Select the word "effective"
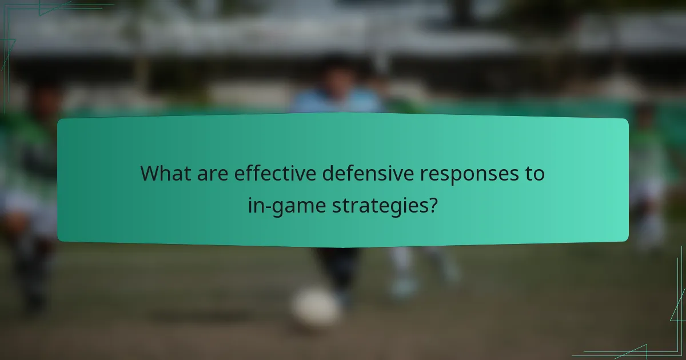274,173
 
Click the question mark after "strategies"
434,205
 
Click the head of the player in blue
336,74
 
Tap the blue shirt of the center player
337,103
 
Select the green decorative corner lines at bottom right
669,337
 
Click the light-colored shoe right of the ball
403,286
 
